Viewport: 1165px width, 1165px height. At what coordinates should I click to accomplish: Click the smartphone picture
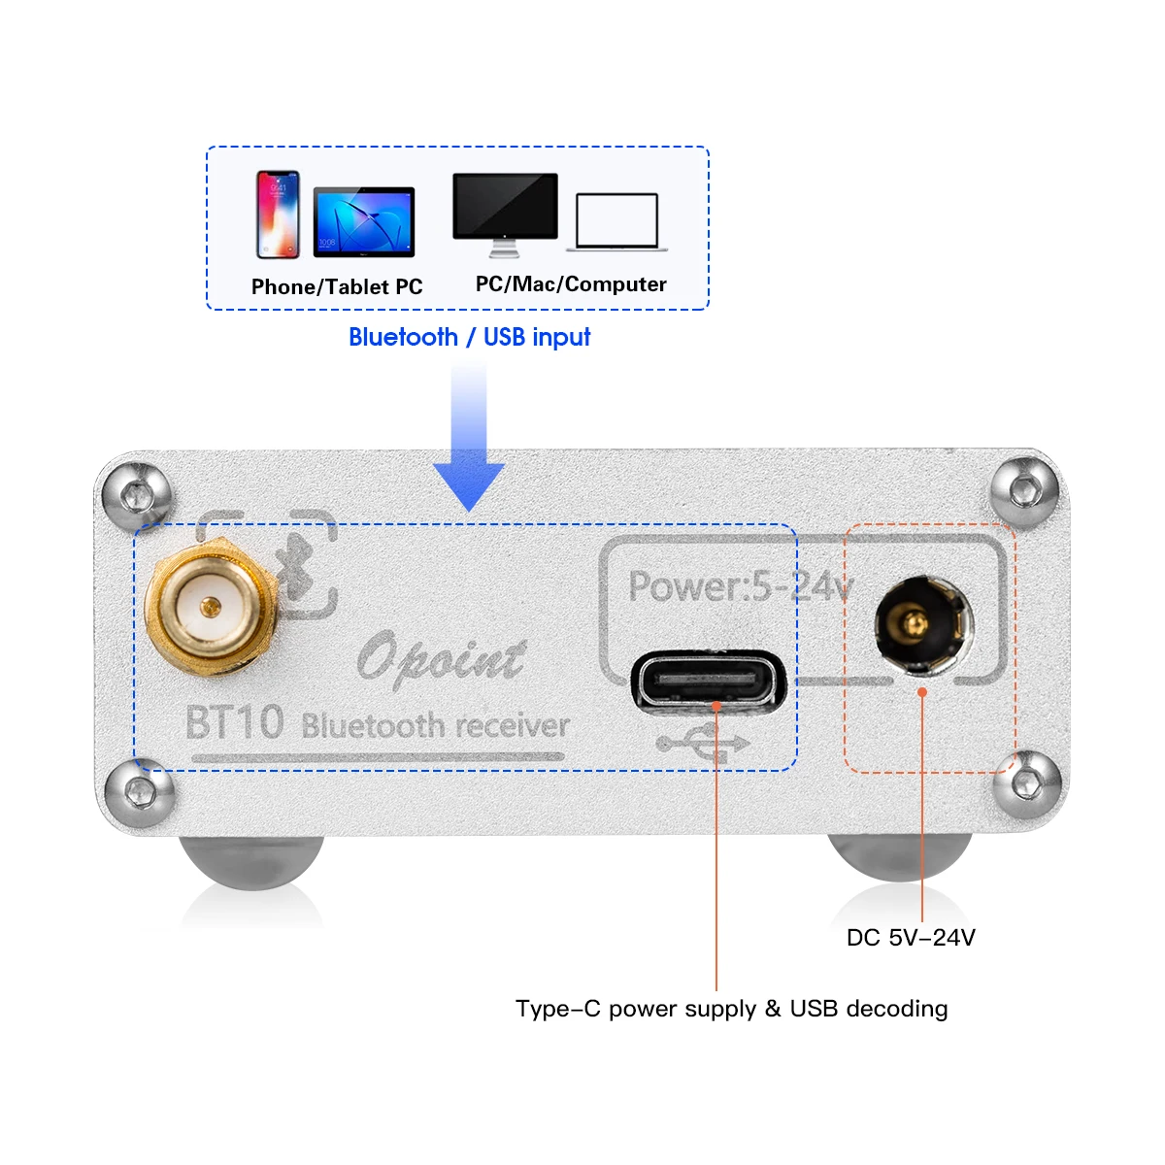[278, 215]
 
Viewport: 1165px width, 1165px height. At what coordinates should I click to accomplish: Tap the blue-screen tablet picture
[364, 222]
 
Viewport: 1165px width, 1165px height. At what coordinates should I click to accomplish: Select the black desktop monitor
[505, 215]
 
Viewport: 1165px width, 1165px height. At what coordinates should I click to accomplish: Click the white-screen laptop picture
[616, 222]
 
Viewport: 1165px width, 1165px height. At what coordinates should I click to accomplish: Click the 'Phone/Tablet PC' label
[337, 286]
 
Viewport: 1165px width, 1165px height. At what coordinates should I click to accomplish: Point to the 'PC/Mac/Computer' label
[571, 284]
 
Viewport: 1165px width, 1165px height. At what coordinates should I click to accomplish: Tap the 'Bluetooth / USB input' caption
[469, 337]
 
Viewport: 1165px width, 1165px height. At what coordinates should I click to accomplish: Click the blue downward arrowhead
[469, 485]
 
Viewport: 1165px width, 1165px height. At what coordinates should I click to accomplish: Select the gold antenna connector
[211, 606]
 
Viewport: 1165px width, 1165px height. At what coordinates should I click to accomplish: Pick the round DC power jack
[924, 625]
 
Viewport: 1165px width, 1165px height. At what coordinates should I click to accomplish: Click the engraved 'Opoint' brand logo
[441, 659]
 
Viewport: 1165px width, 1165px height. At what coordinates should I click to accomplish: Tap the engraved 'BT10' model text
[235, 722]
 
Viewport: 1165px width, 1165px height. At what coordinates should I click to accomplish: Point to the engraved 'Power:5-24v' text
[741, 585]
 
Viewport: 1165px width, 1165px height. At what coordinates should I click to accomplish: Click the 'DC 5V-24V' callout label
[911, 938]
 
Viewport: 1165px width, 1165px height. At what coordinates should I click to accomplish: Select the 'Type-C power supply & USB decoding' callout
[732, 1009]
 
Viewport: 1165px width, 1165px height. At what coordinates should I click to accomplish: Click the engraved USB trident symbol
[703, 743]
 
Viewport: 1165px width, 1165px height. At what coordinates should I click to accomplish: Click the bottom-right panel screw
[1027, 785]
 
